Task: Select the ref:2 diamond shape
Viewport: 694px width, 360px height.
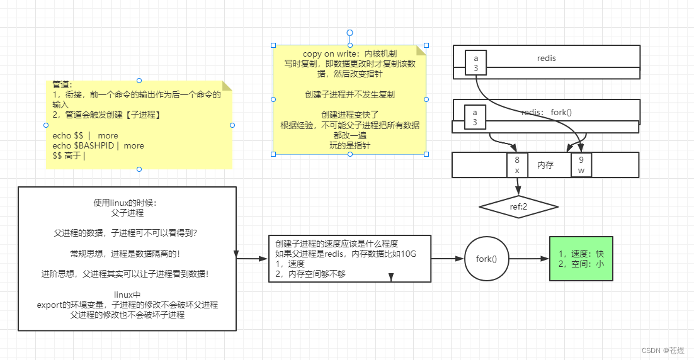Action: click(x=518, y=206)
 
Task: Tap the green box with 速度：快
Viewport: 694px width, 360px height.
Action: click(x=581, y=259)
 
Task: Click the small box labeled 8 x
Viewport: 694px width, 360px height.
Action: click(x=517, y=165)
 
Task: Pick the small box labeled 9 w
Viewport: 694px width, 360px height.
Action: click(x=581, y=165)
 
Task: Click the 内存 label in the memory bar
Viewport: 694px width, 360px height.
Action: click(x=545, y=165)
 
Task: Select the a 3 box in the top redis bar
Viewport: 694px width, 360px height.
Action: click(x=475, y=63)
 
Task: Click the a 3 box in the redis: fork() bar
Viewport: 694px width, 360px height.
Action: click(x=475, y=116)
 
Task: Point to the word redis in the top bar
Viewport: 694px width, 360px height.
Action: click(x=546, y=59)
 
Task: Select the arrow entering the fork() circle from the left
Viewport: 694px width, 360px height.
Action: click(x=447, y=259)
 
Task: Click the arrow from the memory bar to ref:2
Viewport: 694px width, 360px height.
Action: click(x=518, y=188)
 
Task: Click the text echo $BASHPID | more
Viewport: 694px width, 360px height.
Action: click(x=98, y=145)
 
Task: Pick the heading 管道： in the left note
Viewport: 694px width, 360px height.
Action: click(x=62, y=84)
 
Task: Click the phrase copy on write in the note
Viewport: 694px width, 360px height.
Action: click(x=328, y=54)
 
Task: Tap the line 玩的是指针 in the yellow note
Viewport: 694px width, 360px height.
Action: click(x=350, y=145)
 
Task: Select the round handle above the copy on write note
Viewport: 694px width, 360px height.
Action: click(x=350, y=33)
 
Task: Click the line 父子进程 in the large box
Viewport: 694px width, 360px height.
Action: click(x=127, y=213)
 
